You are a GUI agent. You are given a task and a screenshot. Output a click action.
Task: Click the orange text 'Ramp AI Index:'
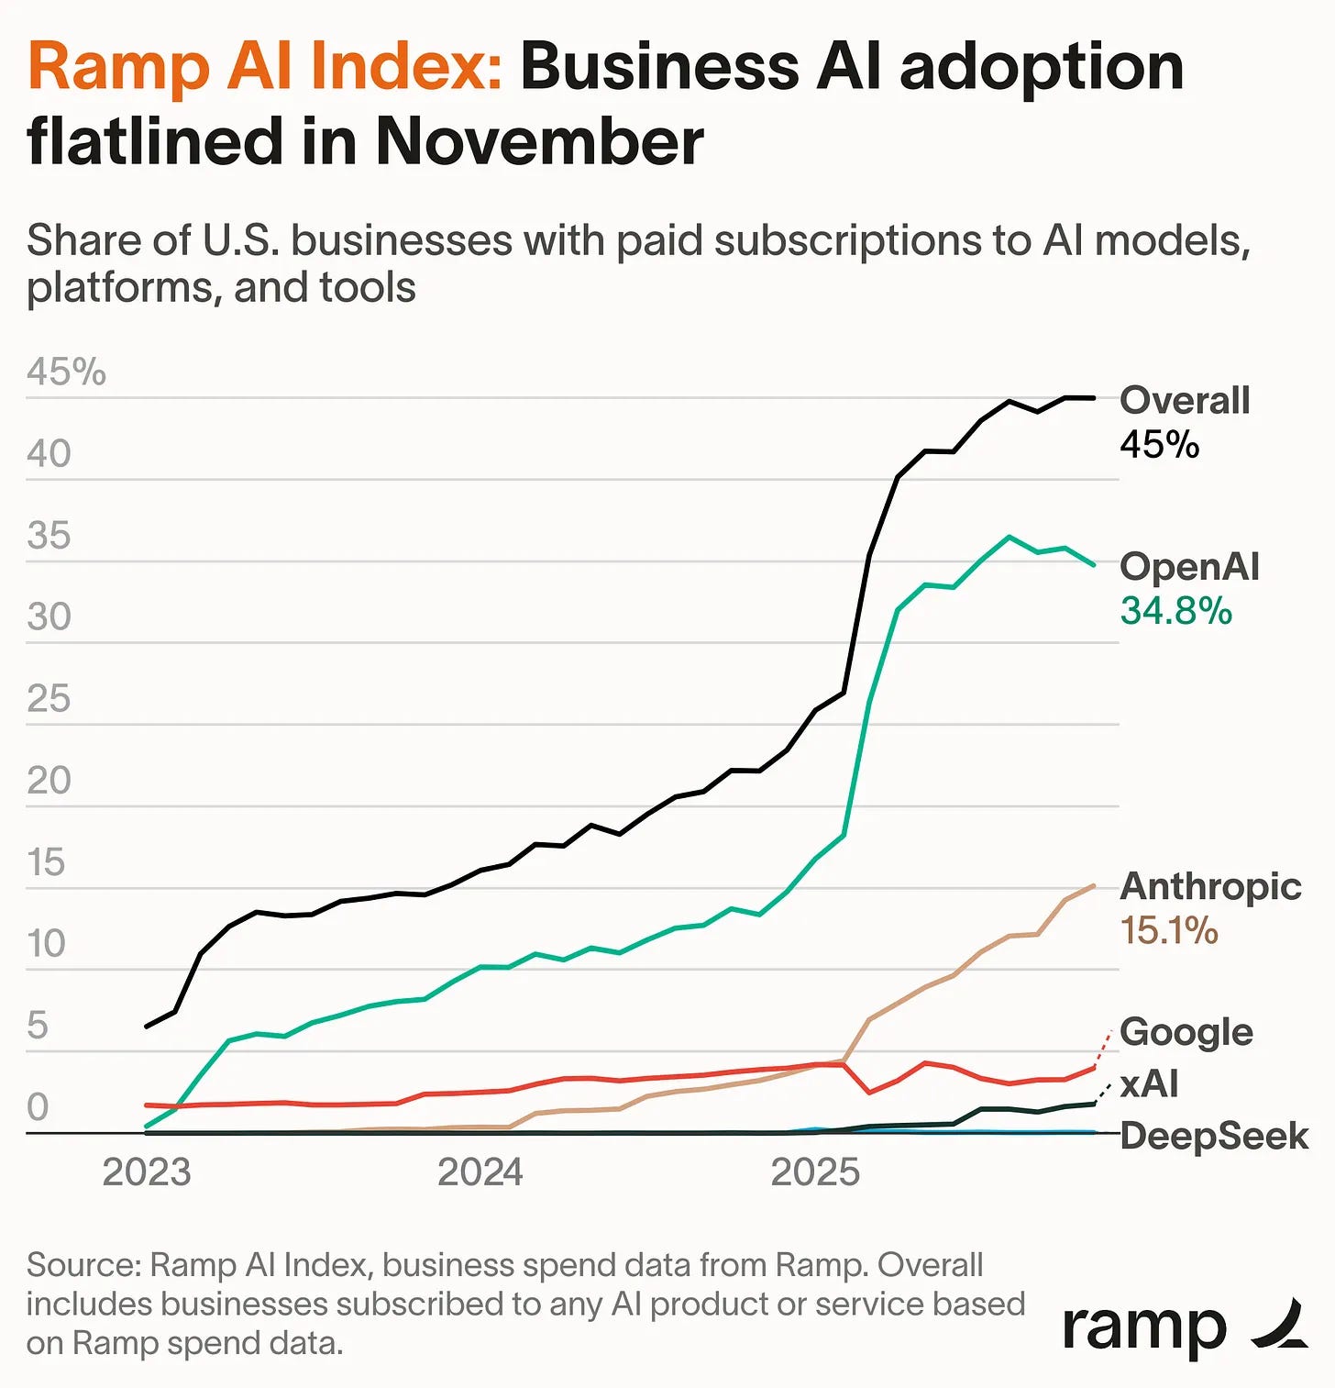[264, 67]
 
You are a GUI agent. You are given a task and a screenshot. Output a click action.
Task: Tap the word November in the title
[539, 143]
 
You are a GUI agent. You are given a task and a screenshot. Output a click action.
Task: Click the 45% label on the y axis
[66, 372]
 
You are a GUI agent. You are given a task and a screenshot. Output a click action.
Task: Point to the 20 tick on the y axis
[49, 781]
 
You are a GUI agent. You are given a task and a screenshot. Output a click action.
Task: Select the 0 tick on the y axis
[38, 1107]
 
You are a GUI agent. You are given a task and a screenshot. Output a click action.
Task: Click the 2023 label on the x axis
[147, 1172]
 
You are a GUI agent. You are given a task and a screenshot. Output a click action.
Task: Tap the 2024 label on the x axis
[480, 1172]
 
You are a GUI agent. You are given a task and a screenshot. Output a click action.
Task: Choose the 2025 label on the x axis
[815, 1172]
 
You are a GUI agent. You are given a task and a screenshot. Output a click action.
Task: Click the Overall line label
[1185, 401]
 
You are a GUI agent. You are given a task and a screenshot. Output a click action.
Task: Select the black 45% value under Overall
[1159, 445]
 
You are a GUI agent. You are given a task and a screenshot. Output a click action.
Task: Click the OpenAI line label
[1189, 567]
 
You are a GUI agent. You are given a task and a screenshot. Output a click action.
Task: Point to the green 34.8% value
[1175, 611]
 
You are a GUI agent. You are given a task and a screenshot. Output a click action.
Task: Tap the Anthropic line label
[1210, 887]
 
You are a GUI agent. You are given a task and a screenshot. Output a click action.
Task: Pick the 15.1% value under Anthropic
[1169, 931]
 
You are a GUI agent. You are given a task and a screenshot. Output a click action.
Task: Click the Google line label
[1186, 1032]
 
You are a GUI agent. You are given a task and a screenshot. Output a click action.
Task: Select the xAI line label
[1150, 1084]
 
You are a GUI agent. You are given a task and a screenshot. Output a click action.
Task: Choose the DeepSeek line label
[1214, 1137]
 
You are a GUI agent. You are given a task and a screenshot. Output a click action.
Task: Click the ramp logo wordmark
[1144, 1328]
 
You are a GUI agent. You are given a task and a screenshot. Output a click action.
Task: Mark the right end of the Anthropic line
[1094, 886]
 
